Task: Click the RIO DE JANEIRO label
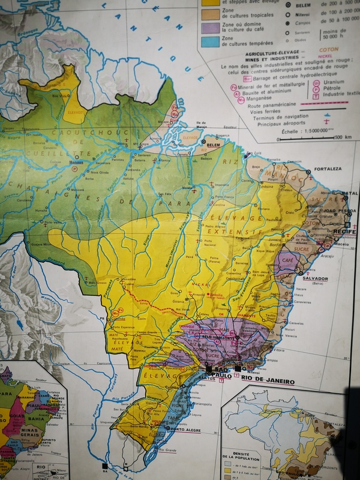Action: pos(269,380)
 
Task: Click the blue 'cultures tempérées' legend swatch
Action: pos(210,42)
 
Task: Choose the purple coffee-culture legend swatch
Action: pos(210,27)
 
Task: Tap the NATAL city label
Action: pos(349,194)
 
